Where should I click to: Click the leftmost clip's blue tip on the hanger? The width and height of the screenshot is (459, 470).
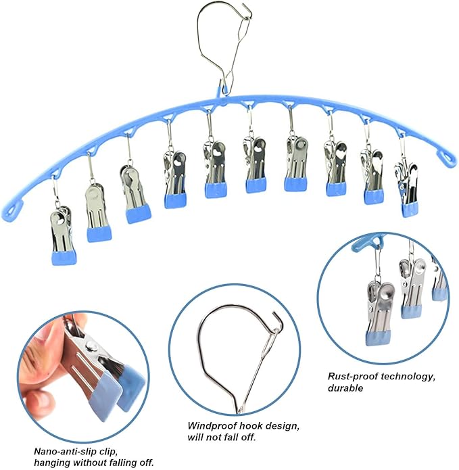coord(64,258)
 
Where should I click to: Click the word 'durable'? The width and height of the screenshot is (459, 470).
coord(345,388)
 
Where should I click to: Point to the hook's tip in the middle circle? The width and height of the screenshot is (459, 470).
coord(274,313)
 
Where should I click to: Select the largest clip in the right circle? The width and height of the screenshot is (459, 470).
coord(379,314)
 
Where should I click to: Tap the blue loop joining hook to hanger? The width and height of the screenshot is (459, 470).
coord(222,91)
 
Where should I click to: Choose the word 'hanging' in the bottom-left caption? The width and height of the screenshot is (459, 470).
coord(52,463)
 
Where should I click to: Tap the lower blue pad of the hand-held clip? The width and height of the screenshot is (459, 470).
coord(105,398)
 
